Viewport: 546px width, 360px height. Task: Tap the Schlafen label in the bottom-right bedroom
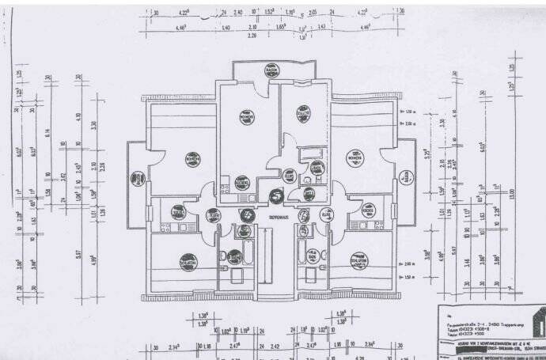pos(358,262)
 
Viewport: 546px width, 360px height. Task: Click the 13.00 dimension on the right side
pos(512,192)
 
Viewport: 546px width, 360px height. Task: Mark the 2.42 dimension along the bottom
pos(275,345)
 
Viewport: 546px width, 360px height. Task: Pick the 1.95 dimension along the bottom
pos(337,345)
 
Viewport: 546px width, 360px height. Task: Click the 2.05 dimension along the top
pos(313,13)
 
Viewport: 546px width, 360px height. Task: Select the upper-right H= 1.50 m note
pos(409,112)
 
